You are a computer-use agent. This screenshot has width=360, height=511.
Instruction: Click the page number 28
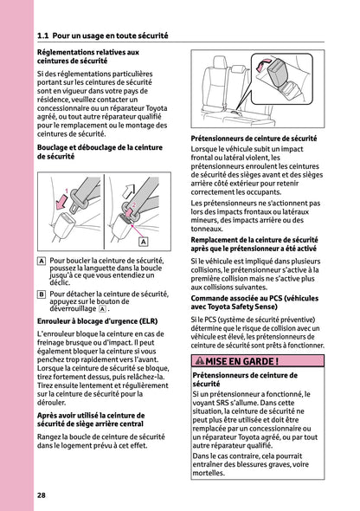point(42,495)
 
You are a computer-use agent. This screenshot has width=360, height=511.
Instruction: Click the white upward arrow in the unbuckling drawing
point(129,185)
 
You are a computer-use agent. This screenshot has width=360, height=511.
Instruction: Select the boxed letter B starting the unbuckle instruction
point(42,294)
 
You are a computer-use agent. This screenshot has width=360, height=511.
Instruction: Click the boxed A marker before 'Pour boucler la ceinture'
point(42,260)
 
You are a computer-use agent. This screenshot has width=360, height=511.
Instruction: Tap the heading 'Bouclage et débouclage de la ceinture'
point(100,152)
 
